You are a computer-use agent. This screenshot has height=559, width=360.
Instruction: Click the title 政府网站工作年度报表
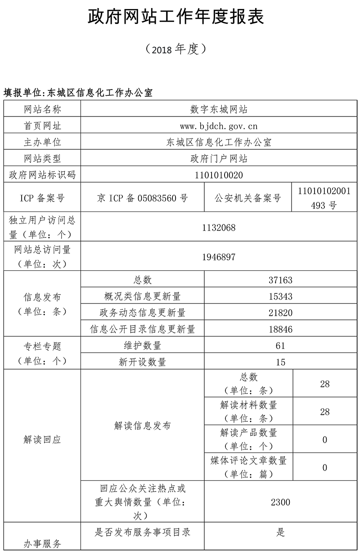176,17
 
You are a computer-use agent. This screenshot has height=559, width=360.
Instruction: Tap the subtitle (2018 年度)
176,49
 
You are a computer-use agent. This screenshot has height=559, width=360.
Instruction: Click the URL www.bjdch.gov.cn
219,126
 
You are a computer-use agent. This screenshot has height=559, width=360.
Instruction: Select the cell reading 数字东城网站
219,109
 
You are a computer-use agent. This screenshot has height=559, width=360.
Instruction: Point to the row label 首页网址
42,126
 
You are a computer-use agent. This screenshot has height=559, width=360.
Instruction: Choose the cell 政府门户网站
219,158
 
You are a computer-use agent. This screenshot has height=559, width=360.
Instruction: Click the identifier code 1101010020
219,175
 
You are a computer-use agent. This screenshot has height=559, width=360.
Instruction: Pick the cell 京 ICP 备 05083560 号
142,198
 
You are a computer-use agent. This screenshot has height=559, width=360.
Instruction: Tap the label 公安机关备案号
248,198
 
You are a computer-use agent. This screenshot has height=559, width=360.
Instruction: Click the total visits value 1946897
219,256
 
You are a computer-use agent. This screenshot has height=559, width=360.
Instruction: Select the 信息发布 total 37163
280,280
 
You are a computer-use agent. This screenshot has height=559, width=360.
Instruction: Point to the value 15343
280,296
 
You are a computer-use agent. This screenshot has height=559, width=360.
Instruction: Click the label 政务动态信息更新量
142,313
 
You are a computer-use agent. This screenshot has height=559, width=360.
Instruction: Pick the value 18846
280,329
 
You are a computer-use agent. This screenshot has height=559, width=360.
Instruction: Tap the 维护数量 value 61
280,346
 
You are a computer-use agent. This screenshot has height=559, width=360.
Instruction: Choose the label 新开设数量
142,362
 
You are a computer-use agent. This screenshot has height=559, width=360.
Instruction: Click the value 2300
280,502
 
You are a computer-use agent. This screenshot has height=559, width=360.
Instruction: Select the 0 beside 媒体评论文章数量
325,468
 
